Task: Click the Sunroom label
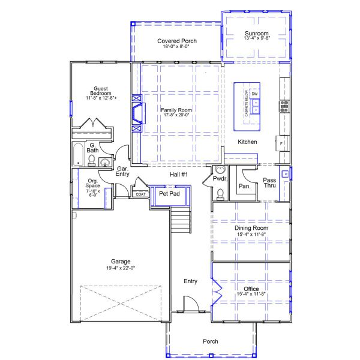(x=256, y=33)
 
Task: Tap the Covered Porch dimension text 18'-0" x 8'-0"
(x=177, y=47)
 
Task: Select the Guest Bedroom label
(x=100, y=90)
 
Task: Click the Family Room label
(x=176, y=110)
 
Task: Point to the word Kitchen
(x=247, y=142)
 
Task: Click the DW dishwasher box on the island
(x=254, y=94)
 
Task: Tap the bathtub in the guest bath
(x=78, y=154)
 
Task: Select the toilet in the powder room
(x=220, y=193)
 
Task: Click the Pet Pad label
(x=169, y=194)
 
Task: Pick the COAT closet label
(x=140, y=194)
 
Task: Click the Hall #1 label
(x=179, y=174)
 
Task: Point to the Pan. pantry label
(x=244, y=186)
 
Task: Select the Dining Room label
(x=251, y=228)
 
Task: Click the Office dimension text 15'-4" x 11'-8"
(x=251, y=295)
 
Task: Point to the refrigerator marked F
(x=281, y=144)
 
